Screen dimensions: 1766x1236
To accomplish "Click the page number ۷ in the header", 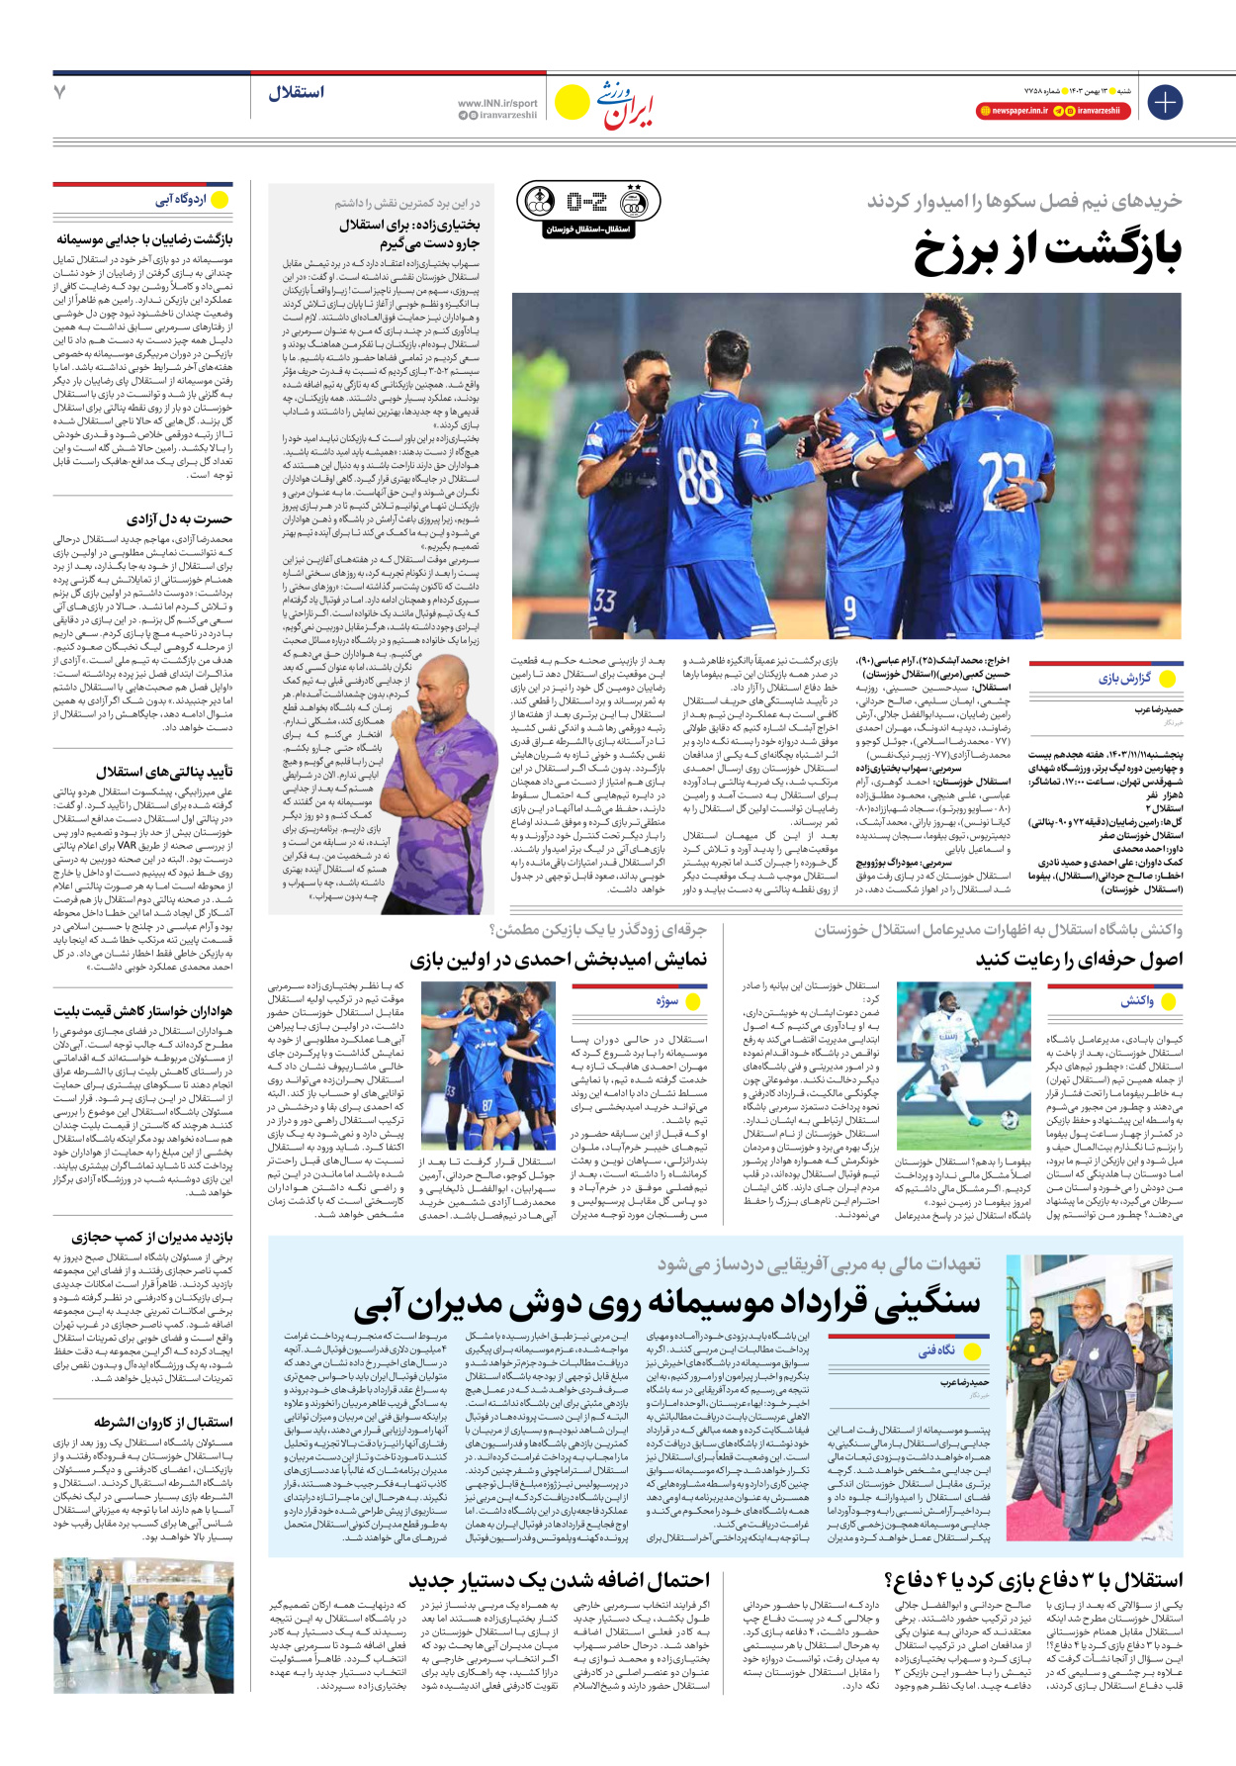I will click(x=60, y=92).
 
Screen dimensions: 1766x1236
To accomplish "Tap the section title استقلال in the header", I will click(x=296, y=93).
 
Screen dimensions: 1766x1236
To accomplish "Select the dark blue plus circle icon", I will click(x=1165, y=102).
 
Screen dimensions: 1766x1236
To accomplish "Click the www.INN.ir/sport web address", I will click(x=497, y=103).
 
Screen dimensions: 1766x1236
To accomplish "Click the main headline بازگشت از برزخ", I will click(x=1047, y=251).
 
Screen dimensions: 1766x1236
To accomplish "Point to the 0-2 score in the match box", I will click(x=586, y=203).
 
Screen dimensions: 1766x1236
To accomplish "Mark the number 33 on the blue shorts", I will click(x=604, y=600).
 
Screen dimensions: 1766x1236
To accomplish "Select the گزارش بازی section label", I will click(x=1124, y=679).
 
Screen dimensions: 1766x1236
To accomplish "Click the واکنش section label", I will click(x=1136, y=1001).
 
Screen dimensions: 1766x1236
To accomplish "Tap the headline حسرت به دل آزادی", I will click(x=179, y=519).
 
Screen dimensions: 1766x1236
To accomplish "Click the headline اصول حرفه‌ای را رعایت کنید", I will click(x=1079, y=960).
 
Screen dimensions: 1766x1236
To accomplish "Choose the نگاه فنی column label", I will click(x=935, y=1350).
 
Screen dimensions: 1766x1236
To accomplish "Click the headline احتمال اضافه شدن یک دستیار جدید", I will click(x=560, y=1580).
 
